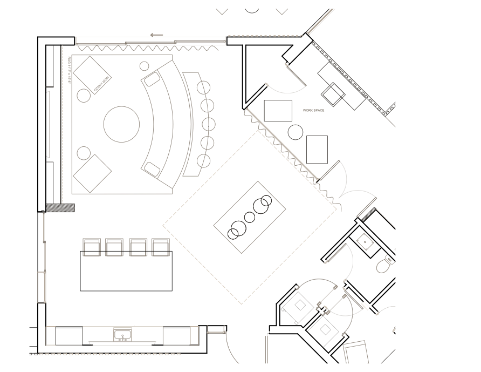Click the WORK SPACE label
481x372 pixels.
pyautogui.click(x=313, y=110)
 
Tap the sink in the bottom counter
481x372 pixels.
pyautogui.click(x=122, y=334)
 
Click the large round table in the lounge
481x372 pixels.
pyautogui.click(x=121, y=124)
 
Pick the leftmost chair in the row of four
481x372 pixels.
pyautogui.click(x=92, y=247)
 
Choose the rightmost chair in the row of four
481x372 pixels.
pyautogui.click(x=161, y=247)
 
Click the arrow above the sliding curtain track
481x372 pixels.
pyautogui.click(x=156, y=35)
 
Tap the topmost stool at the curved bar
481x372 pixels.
pyautogui.click(x=203, y=88)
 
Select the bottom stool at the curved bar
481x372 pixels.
pyautogui.click(x=203, y=161)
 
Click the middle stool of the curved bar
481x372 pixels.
pyautogui.click(x=208, y=125)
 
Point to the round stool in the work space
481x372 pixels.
pyautogui.click(x=295, y=132)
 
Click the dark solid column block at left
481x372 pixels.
pyautogui.click(x=60, y=208)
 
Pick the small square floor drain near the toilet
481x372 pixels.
pyautogui.click(x=365, y=241)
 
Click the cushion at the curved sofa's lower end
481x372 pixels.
pyautogui.click(x=152, y=170)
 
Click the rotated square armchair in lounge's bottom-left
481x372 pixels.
pyautogui.click(x=92, y=173)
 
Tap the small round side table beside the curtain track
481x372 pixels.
pyautogui.click(x=144, y=66)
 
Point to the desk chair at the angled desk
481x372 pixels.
pyautogui.click(x=333, y=94)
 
